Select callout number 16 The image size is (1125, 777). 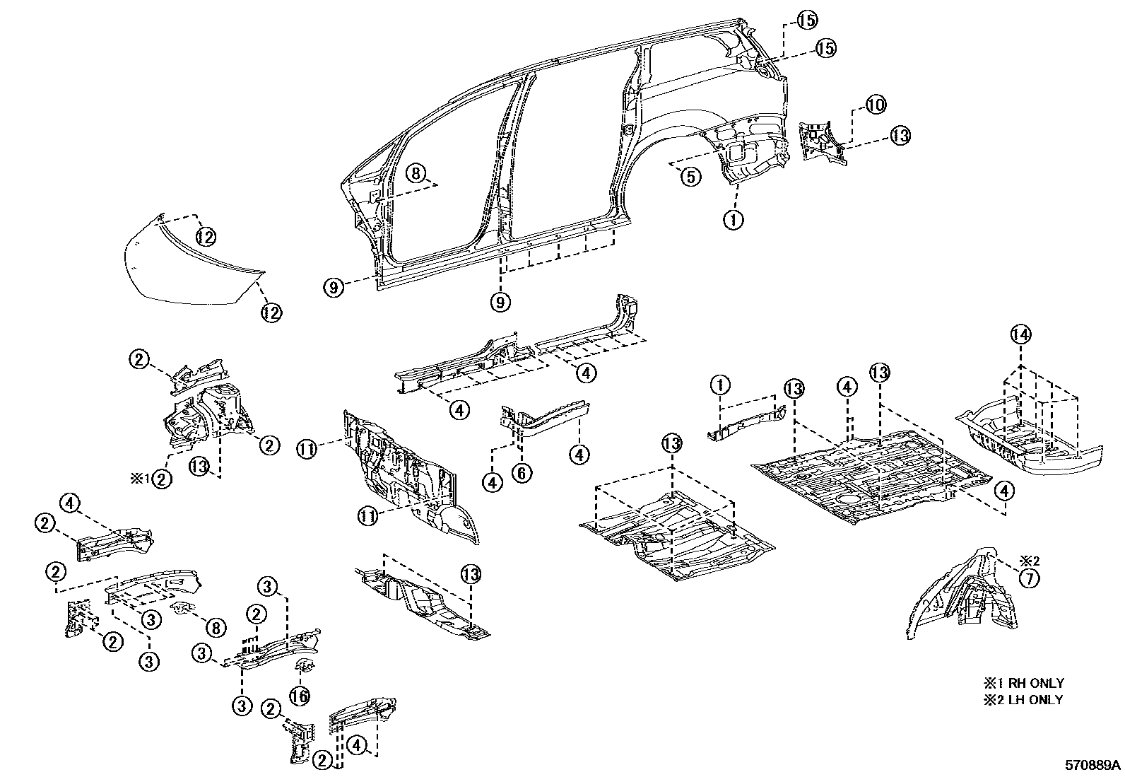[x=300, y=696]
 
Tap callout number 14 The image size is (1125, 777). [x=1020, y=334]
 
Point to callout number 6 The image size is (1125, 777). [x=522, y=472]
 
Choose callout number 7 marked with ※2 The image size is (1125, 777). [x=1029, y=578]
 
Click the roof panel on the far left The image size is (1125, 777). [x=191, y=269]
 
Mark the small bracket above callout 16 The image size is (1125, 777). [x=305, y=665]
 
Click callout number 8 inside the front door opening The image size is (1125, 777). [x=416, y=173]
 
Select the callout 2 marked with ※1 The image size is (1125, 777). [x=163, y=479]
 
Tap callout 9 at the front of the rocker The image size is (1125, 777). [x=334, y=286]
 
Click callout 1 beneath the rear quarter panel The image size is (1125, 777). [x=733, y=219]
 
